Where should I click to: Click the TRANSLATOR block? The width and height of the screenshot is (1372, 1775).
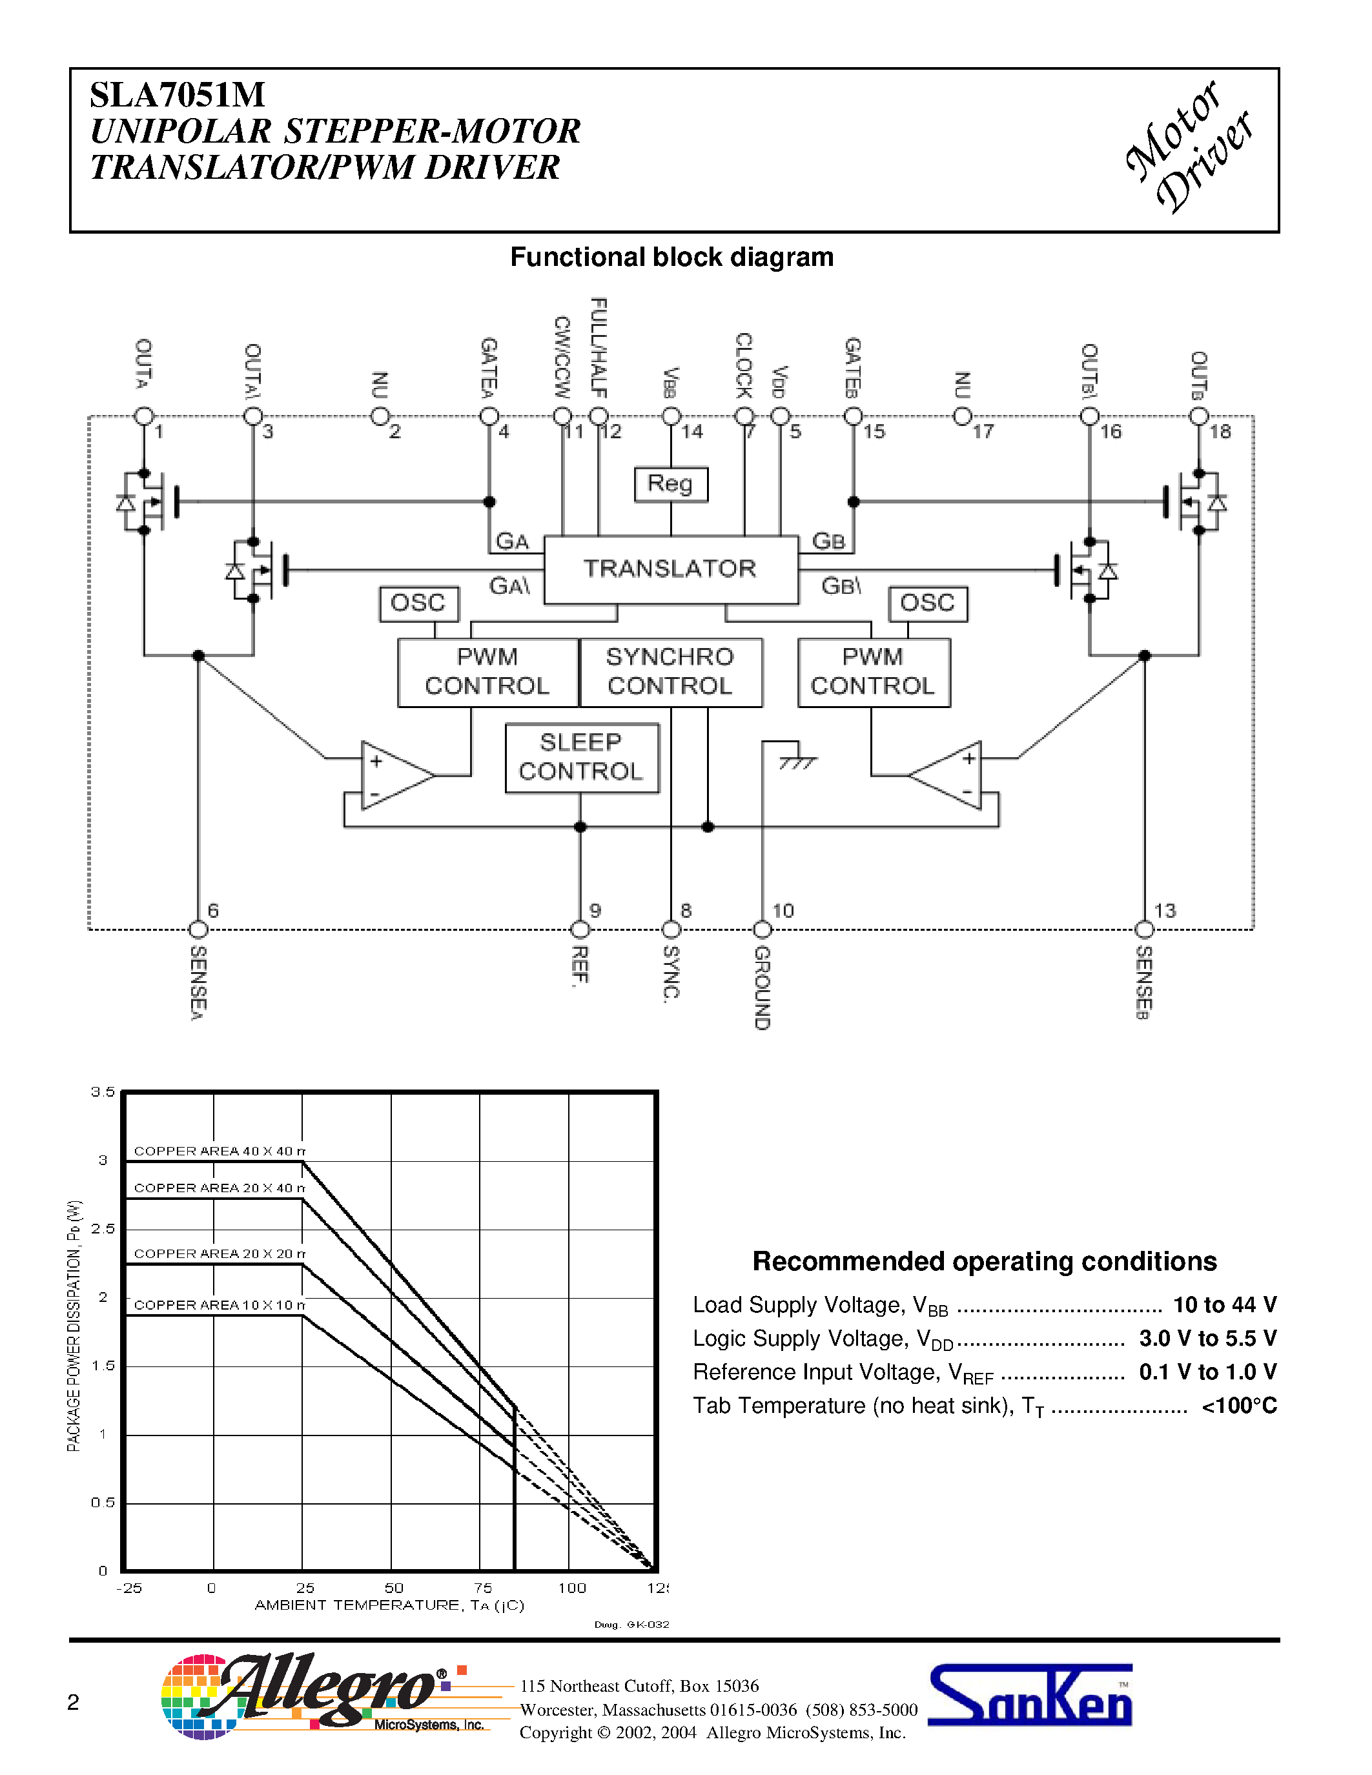(671, 569)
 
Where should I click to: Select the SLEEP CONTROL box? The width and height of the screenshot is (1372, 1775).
(581, 758)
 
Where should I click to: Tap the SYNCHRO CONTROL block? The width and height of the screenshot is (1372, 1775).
(671, 671)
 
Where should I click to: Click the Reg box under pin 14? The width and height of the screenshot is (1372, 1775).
(671, 483)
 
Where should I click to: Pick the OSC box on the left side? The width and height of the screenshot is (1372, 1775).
(418, 603)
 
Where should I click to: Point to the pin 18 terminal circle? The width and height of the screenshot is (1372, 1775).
(1198, 416)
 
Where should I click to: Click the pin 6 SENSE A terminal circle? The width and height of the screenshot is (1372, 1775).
(198, 929)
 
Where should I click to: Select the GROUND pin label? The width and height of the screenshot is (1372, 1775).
(762, 988)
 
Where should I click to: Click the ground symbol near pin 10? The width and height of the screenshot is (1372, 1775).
(797, 762)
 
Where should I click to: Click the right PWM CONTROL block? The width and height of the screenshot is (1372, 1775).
(874, 671)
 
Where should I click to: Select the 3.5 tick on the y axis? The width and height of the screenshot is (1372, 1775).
(103, 1091)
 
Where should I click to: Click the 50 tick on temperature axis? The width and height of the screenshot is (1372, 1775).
(393, 1587)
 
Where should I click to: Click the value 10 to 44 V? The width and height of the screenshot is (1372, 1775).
(1224, 1304)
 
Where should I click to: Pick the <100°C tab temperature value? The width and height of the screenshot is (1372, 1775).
(1239, 1405)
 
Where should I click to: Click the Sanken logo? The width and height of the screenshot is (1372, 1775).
(1030, 1696)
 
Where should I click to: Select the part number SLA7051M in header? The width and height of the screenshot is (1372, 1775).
(177, 95)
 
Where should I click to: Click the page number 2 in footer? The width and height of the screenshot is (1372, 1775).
(73, 1702)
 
